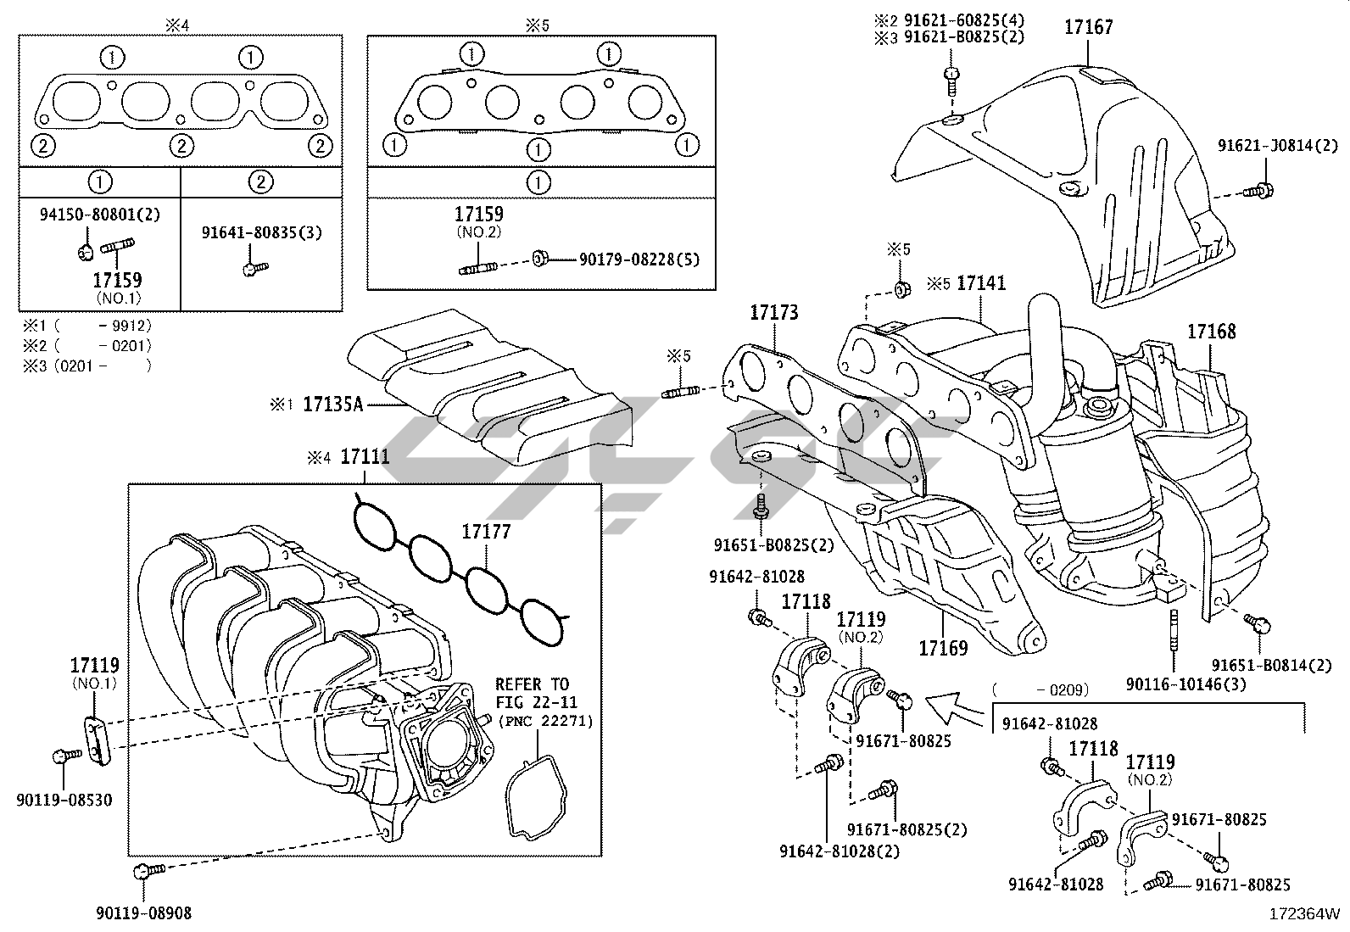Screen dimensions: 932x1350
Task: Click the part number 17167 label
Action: pyautogui.click(x=1089, y=28)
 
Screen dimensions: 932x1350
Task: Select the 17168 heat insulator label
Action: pyautogui.click(x=1211, y=332)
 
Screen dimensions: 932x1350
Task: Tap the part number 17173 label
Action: pyautogui.click(x=773, y=313)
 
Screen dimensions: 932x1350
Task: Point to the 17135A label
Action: pyautogui.click(x=332, y=405)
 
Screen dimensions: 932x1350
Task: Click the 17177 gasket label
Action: pyautogui.click(x=486, y=532)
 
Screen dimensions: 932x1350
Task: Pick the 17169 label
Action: pyautogui.click(x=943, y=649)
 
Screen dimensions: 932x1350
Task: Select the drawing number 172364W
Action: pyautogui.click(x=1304, y=914)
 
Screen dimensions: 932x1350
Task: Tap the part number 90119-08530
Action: pyautogui.click(x=64, y=800)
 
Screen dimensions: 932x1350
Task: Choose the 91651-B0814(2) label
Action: pyautogui.click(x=1271, y=666)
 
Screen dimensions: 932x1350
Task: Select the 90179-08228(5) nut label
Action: pyautogui.click(x=639, y=259)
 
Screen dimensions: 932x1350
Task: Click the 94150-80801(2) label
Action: pyautogui.click(x=99, y=215)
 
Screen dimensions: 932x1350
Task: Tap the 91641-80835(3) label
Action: pyautogui.click(x=261, y=232)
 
